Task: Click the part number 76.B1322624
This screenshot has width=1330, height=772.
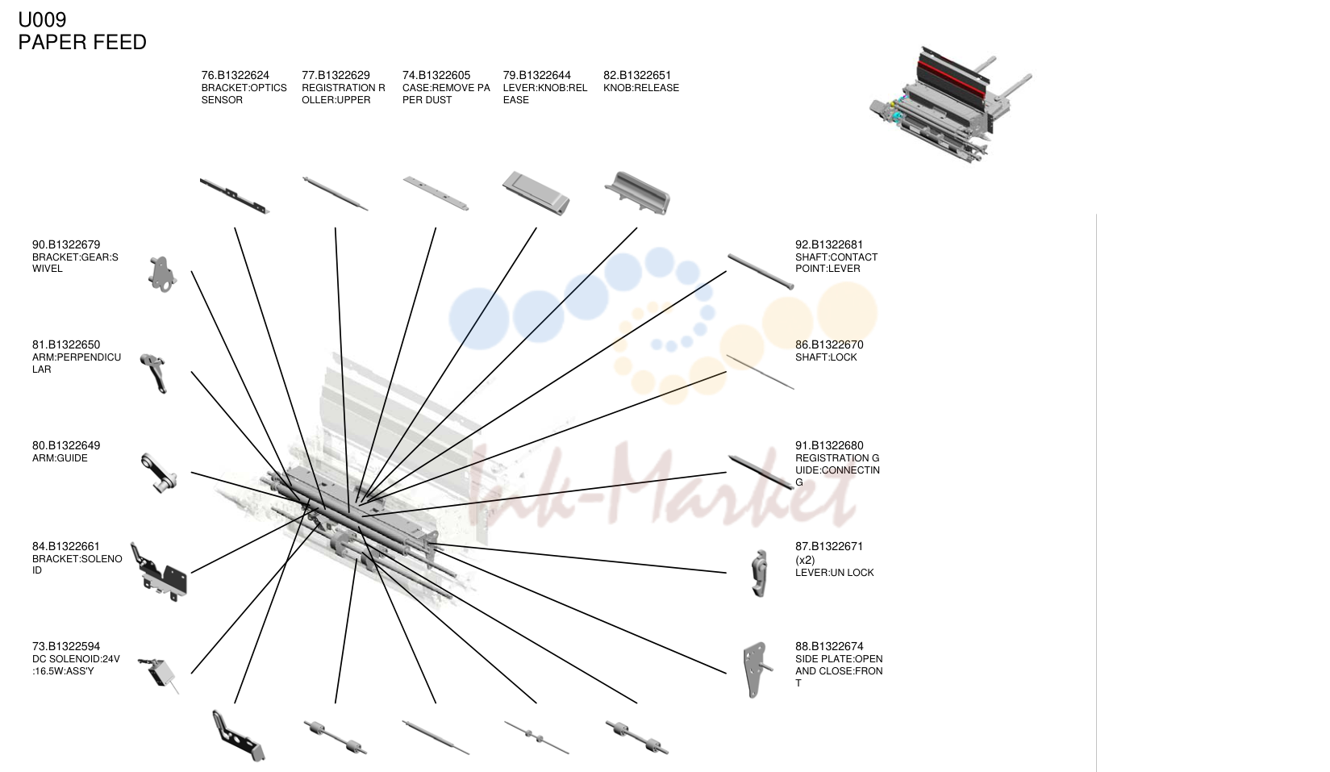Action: coord(236,75)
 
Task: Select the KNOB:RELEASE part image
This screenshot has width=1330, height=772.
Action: coord(637,193)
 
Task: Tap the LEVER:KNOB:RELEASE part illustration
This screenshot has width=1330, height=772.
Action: coord(536,194)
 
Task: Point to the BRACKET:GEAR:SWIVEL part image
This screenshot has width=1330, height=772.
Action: coord(161,274)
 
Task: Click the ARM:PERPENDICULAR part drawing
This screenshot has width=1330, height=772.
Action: coord(154,373)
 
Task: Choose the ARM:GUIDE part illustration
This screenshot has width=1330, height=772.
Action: coord(159,473)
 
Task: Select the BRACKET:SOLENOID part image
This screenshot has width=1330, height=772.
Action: coord(159,572)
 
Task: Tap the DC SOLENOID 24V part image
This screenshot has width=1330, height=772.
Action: coord(159,674)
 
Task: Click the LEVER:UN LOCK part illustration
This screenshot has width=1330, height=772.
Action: coord(760,573)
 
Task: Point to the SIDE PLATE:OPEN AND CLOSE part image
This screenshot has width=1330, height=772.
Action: coord(757,670)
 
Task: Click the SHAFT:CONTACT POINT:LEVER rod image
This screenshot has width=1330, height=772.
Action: coord(761,271)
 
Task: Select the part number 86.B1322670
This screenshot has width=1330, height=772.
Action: coord(829,345)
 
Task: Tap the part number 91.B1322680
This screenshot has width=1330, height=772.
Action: coord(829,446)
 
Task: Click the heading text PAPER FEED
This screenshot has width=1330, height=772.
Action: coord(82,42)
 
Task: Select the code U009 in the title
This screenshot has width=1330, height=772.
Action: coord(42,19)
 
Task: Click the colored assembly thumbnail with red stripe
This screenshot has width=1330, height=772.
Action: coord(950,105)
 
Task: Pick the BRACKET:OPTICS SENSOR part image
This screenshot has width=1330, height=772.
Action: coord(235,195)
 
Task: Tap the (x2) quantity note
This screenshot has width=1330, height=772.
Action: coord(805,560)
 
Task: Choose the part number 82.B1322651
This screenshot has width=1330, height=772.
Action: coord(637,75)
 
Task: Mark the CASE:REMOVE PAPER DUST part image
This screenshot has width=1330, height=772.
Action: coord(436,193)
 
